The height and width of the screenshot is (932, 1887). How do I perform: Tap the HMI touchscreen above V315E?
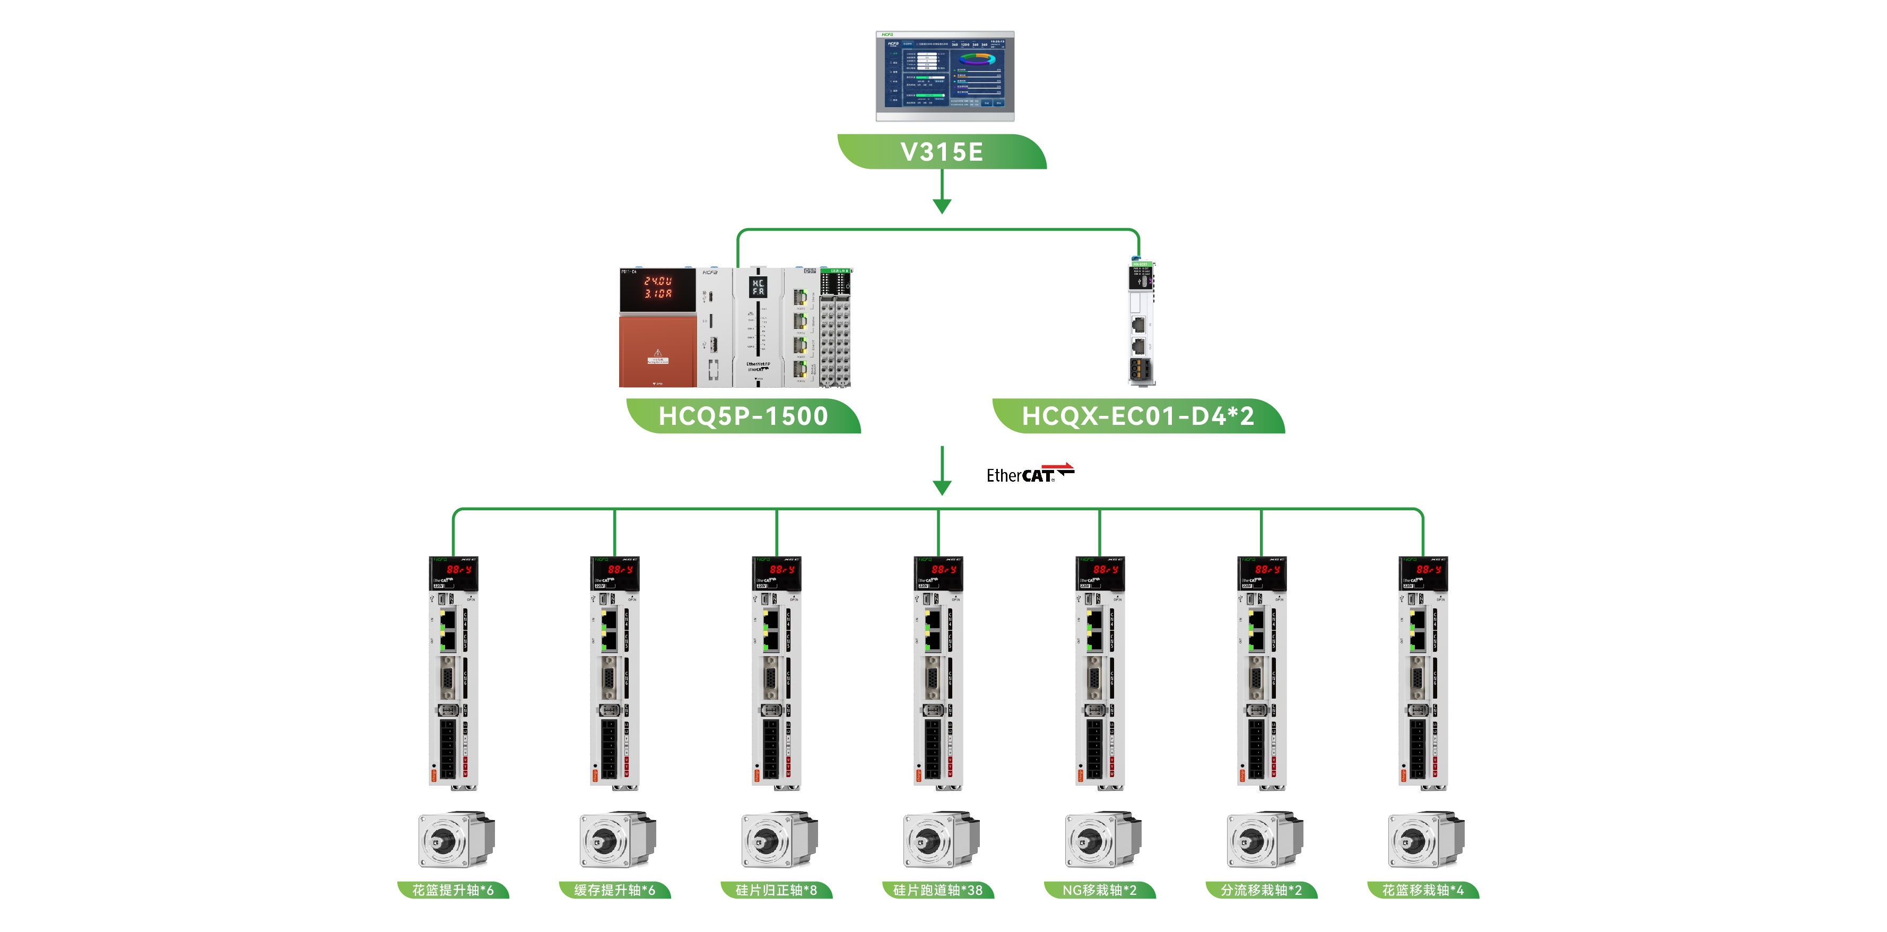(944, 75)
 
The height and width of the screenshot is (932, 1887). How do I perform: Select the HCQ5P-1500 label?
(743, 416)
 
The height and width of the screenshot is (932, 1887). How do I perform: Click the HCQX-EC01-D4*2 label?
(1137, 416)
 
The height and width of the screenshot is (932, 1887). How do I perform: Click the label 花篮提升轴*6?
(453, 890)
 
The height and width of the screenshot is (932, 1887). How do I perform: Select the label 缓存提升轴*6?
(615, 890)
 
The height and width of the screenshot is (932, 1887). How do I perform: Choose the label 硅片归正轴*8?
(777, 890)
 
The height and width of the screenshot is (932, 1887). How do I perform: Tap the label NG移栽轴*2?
(1100, 890)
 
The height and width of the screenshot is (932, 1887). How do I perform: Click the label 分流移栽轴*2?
(1262, 890)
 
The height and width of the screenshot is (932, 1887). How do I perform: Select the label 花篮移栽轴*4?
(1423, 890)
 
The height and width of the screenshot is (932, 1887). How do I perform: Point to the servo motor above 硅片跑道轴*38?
(940, 840)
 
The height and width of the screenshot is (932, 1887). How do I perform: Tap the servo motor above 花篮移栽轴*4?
(1425, 840)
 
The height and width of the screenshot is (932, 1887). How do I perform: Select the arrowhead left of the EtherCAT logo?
(942, 487)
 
